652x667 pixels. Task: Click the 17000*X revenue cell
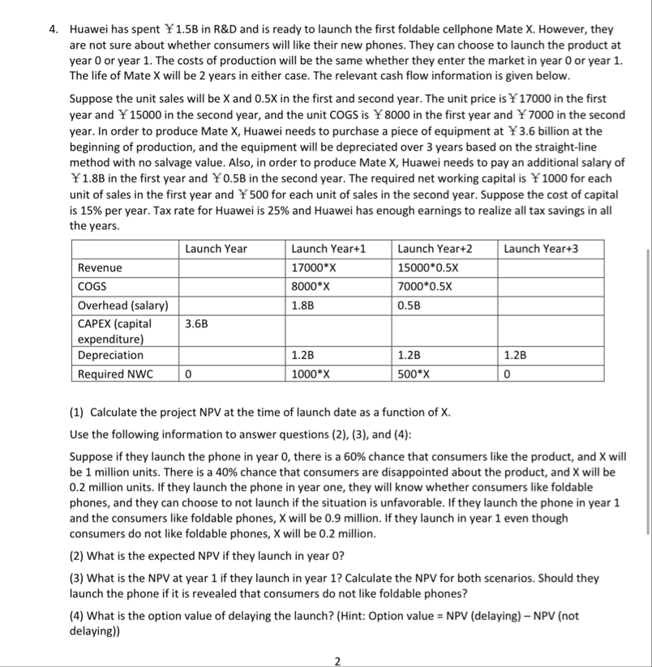(316, 267)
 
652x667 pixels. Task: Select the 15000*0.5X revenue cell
(427, 267)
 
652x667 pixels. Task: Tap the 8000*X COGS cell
(311, 286)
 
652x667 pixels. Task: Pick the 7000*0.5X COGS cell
(424, 286)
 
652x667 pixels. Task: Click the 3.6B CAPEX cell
(195, 324)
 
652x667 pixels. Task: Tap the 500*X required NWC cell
(416, 374)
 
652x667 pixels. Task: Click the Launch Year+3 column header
(542, 248)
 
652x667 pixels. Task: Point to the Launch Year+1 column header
(328, 248)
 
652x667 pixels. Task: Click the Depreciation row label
(110, 355)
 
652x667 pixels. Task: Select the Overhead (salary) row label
(123, 306)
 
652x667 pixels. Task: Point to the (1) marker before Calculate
(77, 413)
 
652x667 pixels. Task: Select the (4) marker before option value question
(77, 616)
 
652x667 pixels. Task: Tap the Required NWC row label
(115, 374)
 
